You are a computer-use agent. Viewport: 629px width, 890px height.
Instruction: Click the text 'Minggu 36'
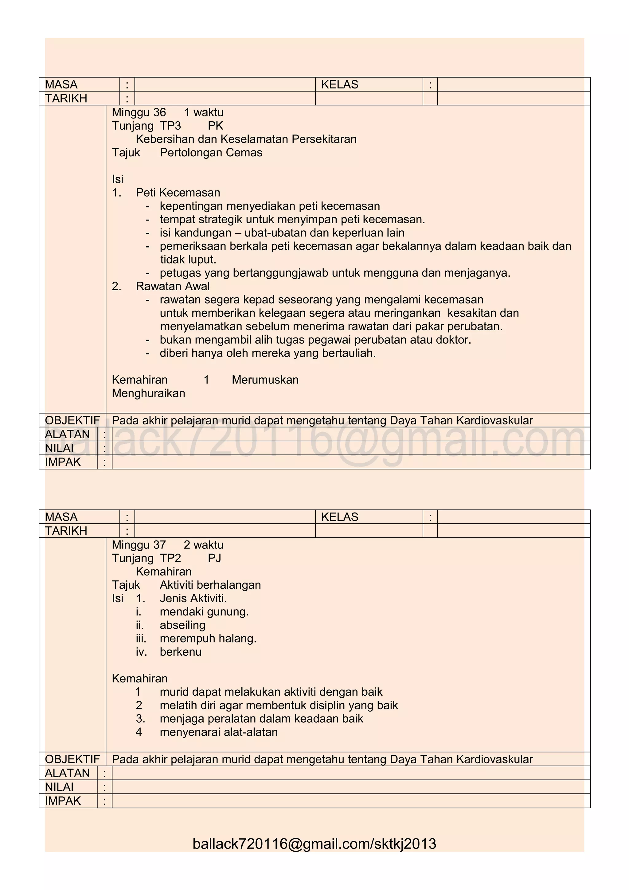pos(139,112)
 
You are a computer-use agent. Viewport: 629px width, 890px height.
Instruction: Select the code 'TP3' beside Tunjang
pos(170,126)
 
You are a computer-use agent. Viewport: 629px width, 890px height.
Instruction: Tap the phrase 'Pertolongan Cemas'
pos(211,152)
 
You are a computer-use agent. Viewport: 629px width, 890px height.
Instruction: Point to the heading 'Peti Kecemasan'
pos(178,193)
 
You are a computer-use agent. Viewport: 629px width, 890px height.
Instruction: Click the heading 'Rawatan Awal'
pos(173,286)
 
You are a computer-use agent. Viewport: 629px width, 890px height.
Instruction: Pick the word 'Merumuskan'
pos(265,380)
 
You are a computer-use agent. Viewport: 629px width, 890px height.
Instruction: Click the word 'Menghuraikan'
pos(148,393)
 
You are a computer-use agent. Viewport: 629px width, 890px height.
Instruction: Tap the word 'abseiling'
pos(182,625)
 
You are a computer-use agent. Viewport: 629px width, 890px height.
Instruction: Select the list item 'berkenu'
pos(181,652)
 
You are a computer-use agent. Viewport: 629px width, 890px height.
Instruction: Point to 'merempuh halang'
pos(208,638)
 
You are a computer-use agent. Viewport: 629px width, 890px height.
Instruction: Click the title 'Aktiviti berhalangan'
pos(210,585)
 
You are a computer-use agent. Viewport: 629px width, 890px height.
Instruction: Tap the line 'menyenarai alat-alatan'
pos(219,732)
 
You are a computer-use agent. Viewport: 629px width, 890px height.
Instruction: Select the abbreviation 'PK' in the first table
pos(216,126)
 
